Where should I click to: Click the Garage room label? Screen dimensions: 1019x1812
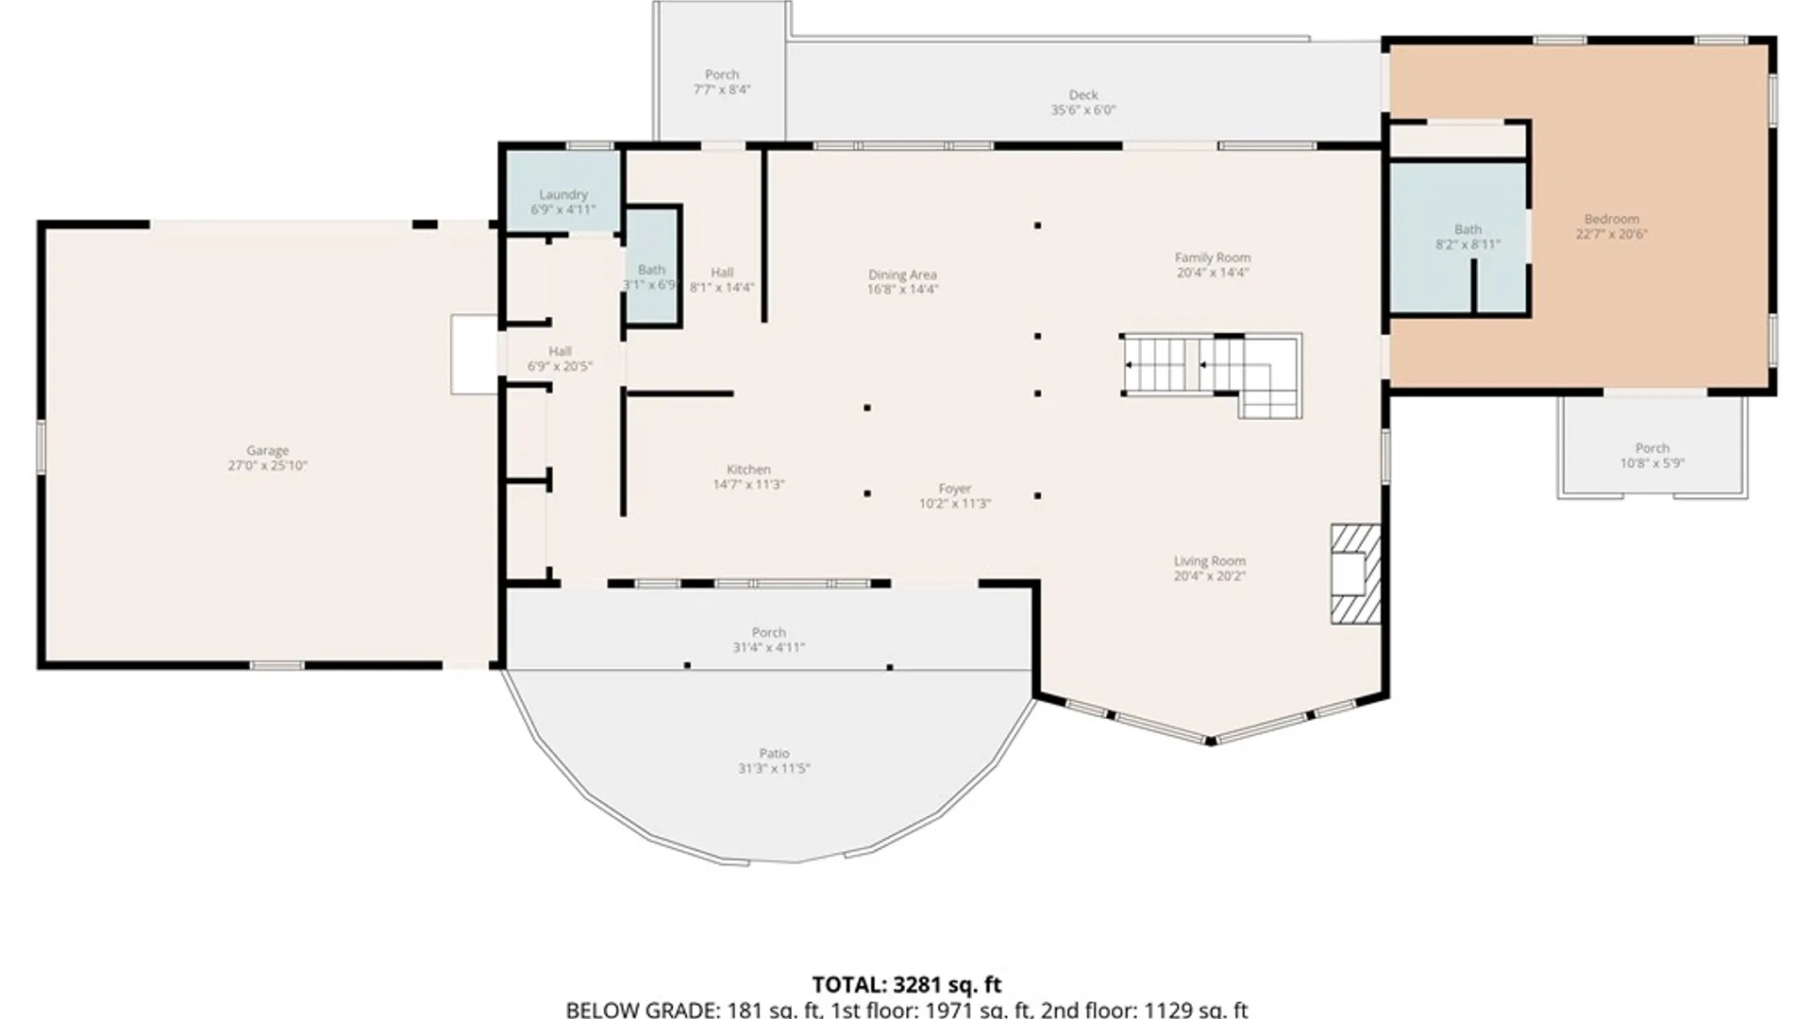(267, 451)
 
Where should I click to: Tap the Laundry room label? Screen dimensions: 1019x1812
(563, 194)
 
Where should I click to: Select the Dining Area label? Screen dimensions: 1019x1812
(902, 275)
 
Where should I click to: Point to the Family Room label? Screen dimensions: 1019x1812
(1213, 258)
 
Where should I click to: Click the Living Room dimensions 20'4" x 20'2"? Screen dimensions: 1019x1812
(1209, 576)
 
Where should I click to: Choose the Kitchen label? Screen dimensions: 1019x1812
(748, 470)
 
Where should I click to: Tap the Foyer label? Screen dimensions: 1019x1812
(954, 489)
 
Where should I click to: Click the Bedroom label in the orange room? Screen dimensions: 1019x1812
(1611, 219)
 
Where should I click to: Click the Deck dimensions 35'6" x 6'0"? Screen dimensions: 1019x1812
(1083, 110)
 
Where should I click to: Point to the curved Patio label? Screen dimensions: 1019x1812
(774, 754)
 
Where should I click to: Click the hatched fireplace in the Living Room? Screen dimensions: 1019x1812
(1355, 574)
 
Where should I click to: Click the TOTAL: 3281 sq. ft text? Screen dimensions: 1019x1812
(906, 985)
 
